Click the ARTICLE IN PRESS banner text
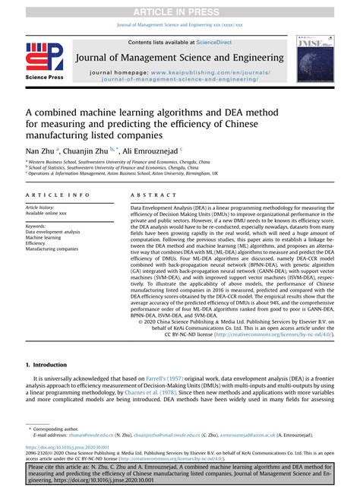180,11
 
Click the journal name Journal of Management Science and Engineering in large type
180,57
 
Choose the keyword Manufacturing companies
52,249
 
